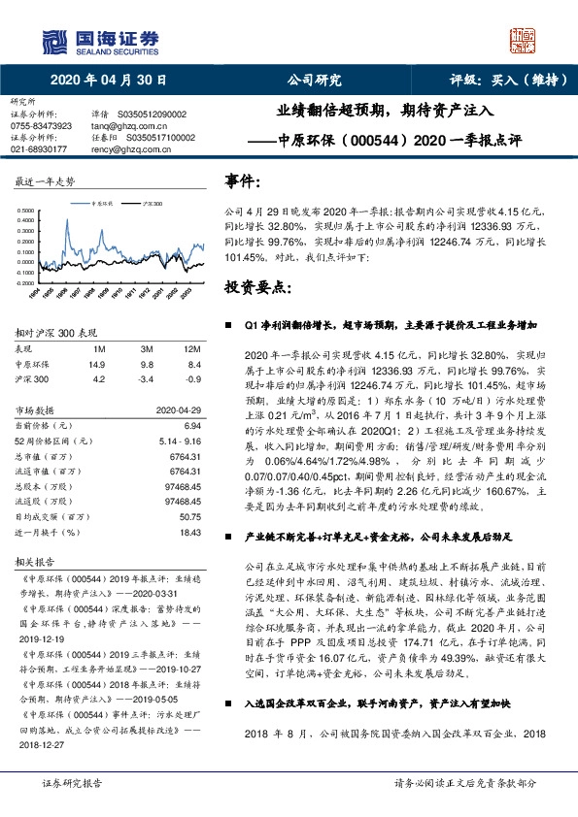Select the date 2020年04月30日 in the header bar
tap(108, 81)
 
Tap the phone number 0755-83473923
tap(42, 126)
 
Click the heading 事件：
tap(243, 181)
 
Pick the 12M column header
tap(191, 348)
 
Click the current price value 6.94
tap(191, 426)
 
